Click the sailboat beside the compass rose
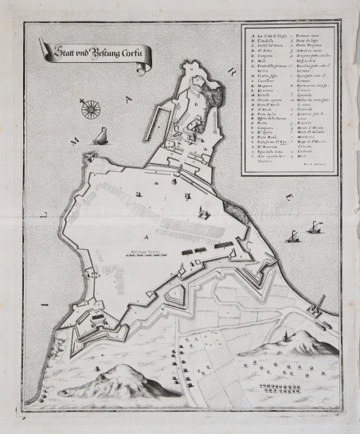(101, 137)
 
